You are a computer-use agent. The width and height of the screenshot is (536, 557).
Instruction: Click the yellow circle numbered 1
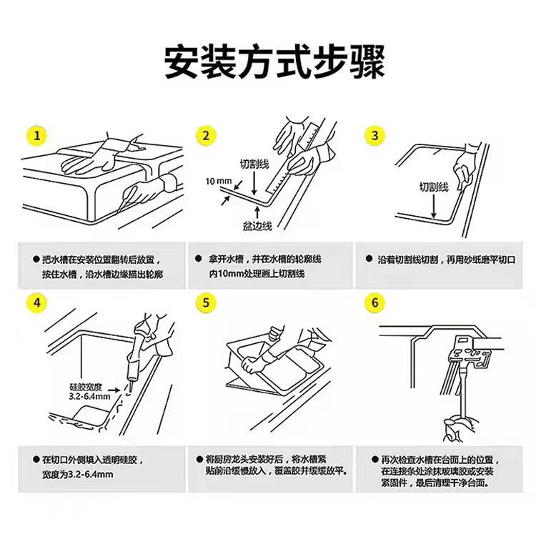point(36,135)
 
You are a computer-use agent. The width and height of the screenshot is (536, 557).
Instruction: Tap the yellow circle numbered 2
point(206,135)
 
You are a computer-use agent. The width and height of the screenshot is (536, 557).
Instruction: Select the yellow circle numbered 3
point(374,135)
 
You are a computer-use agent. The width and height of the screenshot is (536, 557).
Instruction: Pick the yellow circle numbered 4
point(36,303)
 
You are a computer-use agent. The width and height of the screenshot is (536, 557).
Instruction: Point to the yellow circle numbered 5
point(206,303)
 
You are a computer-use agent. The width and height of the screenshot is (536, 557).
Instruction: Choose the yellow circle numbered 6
point(374,303)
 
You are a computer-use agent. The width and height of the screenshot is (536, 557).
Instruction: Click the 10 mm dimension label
point(217,180)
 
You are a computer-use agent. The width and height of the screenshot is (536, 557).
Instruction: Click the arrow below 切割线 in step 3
point(434,206)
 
